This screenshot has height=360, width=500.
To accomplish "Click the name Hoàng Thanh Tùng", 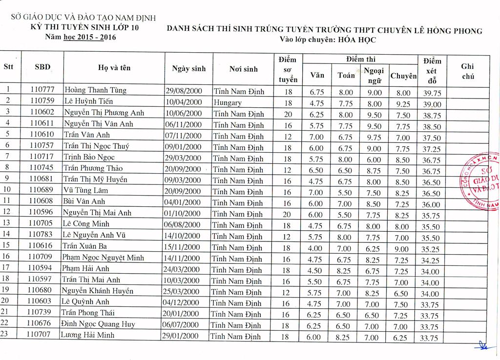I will pyautogui.click(x=95, y=90).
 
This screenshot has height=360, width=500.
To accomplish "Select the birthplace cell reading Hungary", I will pyautogui.click(x=228, y=103).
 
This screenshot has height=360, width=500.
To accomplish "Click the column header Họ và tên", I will pyautogui.click(x=114, y=68).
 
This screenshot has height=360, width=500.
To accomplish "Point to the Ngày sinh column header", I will pyautogui.click(x=188, y=69).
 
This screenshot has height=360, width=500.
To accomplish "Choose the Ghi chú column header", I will pyautogui.click(x=467, y=71).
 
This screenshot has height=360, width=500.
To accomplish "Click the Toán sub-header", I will pyautogui.click(x=346, y=75).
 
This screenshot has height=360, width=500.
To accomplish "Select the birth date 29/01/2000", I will pyautogui.click(x=182, y=336).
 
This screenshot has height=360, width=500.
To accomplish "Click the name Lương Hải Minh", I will pyautogui.click(x=87, y=335).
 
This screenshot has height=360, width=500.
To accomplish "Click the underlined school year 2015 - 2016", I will pyautogui.click(x=90, y=37).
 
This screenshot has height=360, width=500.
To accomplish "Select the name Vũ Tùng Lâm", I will pyautogui.click(x=85, y=190).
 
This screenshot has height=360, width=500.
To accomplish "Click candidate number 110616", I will pyautogui.click(x=41, y=246).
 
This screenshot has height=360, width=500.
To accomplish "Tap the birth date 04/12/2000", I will pyautogui.click(x=182, y=302).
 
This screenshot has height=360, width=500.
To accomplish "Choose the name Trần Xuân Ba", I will pyautogui.click(x=84, y=246).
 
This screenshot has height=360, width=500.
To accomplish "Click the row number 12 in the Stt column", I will pyautogui.click(x=6, y=212).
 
